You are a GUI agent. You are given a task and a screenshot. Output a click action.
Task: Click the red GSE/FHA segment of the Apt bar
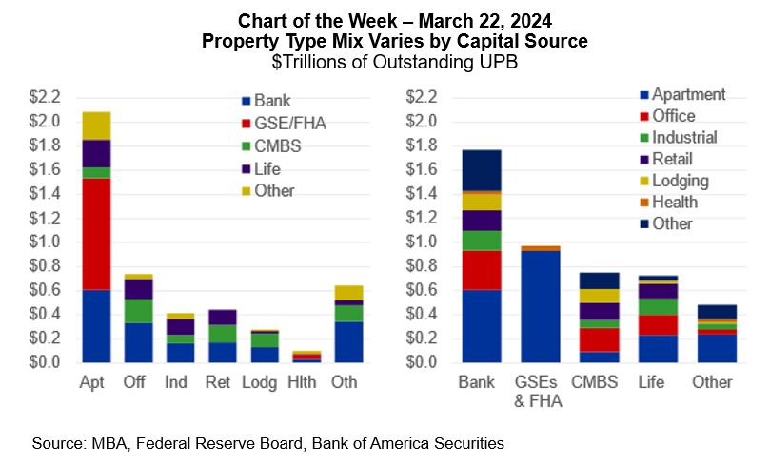[x=97, y=233]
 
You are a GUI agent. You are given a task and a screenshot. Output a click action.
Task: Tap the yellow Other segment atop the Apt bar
[x=97, y=126]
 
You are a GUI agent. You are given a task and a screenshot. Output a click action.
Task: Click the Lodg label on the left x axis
[x=265, y=382]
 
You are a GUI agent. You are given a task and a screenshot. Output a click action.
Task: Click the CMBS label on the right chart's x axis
[x=593, y=382]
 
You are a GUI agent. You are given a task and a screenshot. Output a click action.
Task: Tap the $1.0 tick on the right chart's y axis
[x=421, y=242]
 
